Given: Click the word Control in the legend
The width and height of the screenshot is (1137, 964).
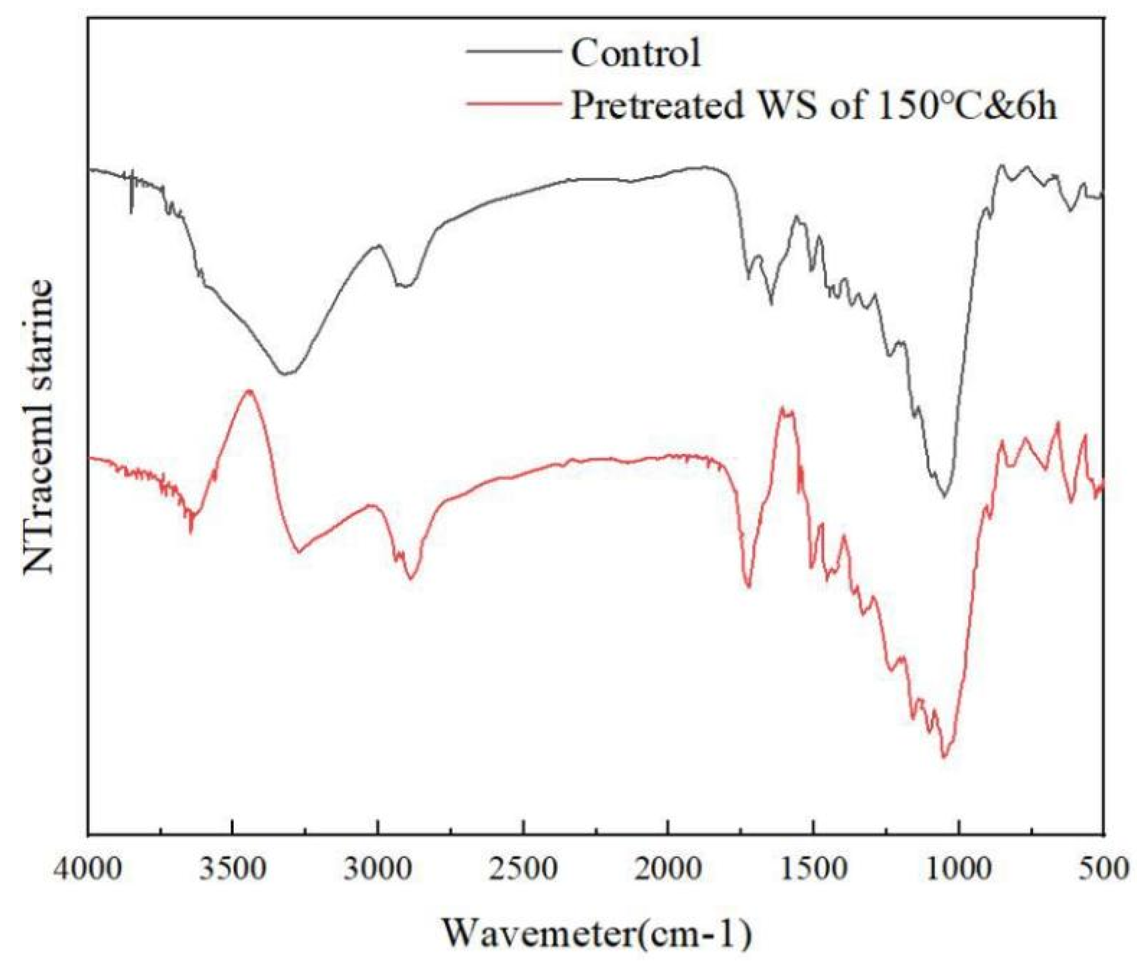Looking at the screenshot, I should tap(636, 54).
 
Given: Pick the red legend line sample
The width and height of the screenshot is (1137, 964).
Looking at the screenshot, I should tap(514, 103).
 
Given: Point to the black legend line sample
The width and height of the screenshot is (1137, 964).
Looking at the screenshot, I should tap(514, 51).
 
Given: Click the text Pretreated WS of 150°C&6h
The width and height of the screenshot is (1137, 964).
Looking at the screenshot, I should tap(814, 104).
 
